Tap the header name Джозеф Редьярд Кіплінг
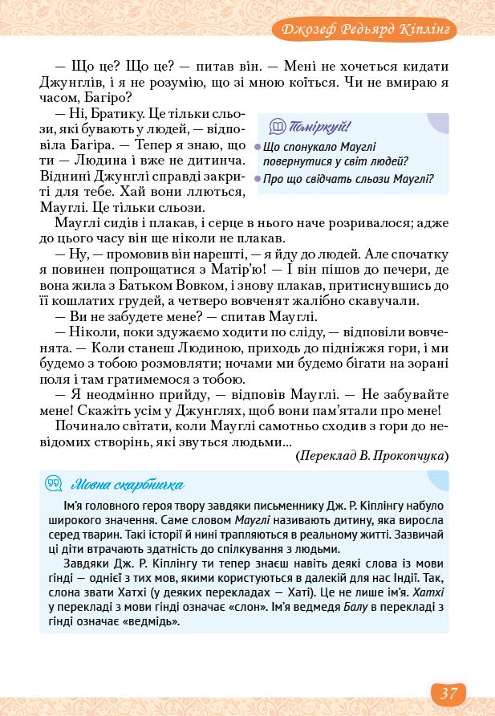tap(365, 30)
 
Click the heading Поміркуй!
tap(320, 126)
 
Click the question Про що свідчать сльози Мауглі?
tap(349, 178)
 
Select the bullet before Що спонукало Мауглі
tap(258, 147)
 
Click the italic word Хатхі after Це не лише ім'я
tap(428, 592)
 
